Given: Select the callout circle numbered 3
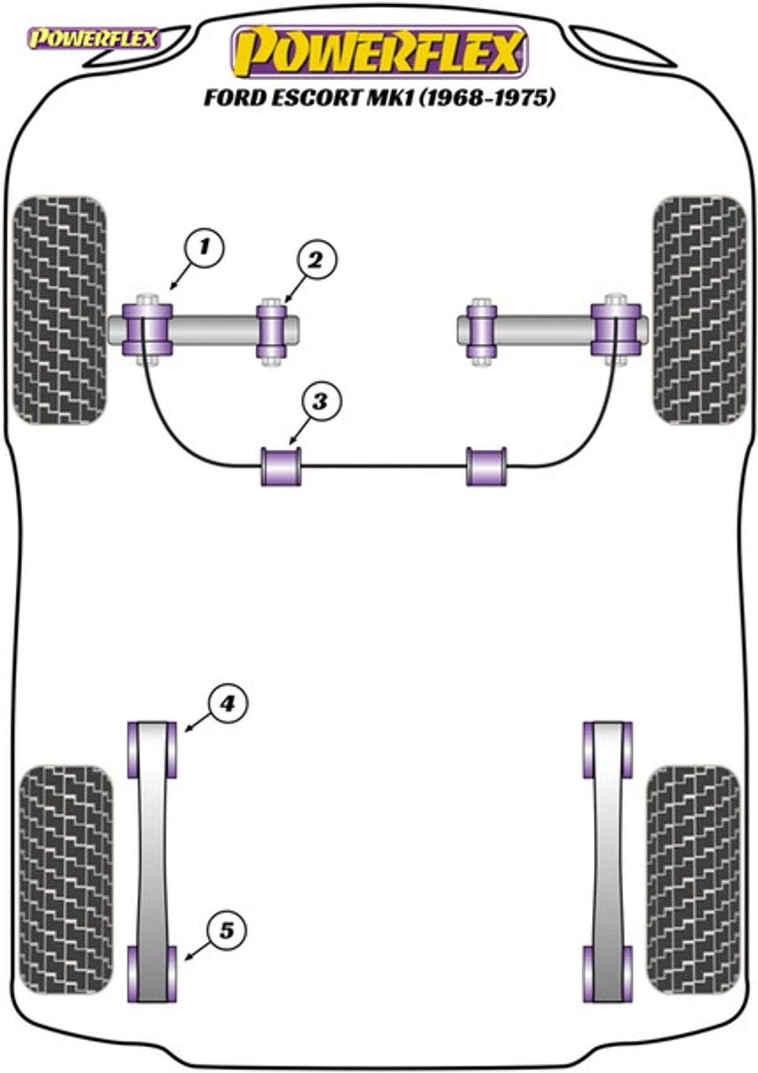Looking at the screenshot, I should [319, 401].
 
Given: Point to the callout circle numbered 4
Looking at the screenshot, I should [227, 703].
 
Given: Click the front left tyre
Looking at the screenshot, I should [60, 310].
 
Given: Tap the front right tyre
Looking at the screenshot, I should [699, 310].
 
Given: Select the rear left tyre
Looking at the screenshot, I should [66, 880].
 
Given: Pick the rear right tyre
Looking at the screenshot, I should [693, 880].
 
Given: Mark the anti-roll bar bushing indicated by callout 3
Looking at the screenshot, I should [281, 467].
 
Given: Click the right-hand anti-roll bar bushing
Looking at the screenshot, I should [486, 467].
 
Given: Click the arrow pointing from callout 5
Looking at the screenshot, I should [196, 950].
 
